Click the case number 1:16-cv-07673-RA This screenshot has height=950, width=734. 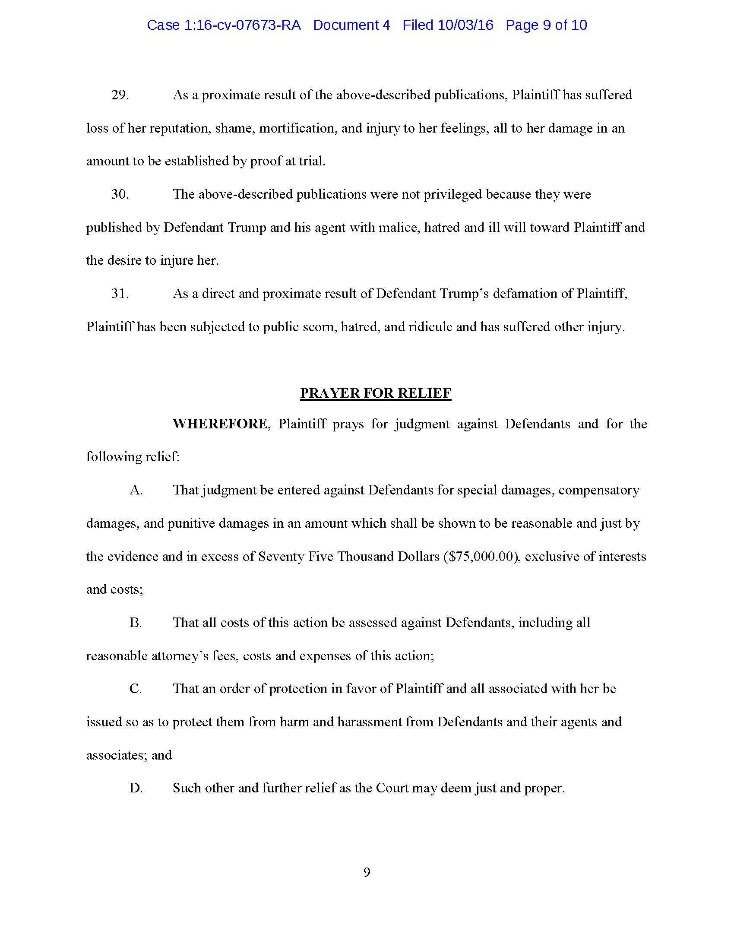coord(243,25)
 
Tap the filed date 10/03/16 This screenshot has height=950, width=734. coord(465,25)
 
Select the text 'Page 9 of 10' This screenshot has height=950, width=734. coord(546,25)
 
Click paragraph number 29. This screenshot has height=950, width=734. coord(120,95)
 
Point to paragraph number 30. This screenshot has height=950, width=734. coord(120,194)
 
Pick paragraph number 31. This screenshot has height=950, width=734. coord(120,294)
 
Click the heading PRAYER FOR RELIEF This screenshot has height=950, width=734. coord(376,393)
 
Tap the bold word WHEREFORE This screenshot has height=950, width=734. coord(220,424)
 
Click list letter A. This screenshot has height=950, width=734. coord(136,490)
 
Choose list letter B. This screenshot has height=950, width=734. coord(136,622)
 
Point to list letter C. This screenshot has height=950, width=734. coord(136,689)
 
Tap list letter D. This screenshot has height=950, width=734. coord(136,788)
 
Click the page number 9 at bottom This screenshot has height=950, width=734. coord(367,873)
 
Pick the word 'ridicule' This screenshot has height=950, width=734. coord(428,327)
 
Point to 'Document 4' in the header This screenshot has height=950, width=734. coord(351,25)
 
